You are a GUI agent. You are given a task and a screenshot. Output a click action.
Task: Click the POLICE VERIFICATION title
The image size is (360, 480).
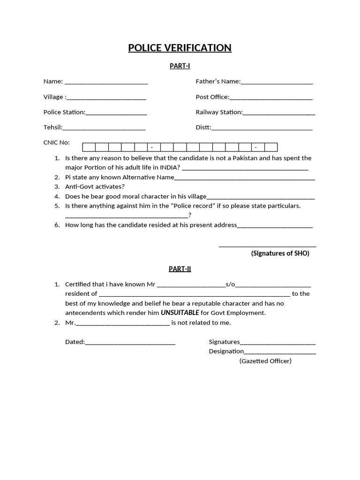(180, 48)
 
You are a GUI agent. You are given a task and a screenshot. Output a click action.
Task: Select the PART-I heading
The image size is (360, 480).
(180, 66)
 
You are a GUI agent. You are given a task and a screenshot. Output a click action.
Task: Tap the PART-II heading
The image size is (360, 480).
(180, 269)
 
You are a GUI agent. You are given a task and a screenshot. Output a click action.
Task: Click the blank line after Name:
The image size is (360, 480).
(106, 82)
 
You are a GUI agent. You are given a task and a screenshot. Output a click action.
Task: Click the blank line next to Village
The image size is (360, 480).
(106, 97)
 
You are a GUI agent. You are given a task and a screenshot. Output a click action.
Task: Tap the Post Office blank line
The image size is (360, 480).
(271, 97)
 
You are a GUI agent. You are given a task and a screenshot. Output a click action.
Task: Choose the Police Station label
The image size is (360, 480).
(64, 112)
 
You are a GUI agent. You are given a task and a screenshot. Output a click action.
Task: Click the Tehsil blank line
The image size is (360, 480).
(104, 128)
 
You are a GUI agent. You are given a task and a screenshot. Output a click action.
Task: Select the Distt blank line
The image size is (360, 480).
(262, 128)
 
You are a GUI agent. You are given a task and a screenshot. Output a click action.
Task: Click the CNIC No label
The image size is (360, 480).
(56, 142)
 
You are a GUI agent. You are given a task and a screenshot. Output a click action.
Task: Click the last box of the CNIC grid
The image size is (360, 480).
(270, 147)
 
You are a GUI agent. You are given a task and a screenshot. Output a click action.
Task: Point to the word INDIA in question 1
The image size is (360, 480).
(170, 167)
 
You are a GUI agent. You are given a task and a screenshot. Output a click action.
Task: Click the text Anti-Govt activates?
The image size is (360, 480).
(95, 187)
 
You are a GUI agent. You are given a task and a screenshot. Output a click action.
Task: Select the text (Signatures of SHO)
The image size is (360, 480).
(280, 254)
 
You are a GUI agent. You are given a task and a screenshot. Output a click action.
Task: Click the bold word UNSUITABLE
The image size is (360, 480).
(180, 313)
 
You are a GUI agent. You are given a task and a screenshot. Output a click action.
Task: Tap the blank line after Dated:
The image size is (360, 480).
(130, 342)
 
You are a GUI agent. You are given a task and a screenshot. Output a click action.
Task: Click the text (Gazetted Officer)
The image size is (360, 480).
(265, 361)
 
